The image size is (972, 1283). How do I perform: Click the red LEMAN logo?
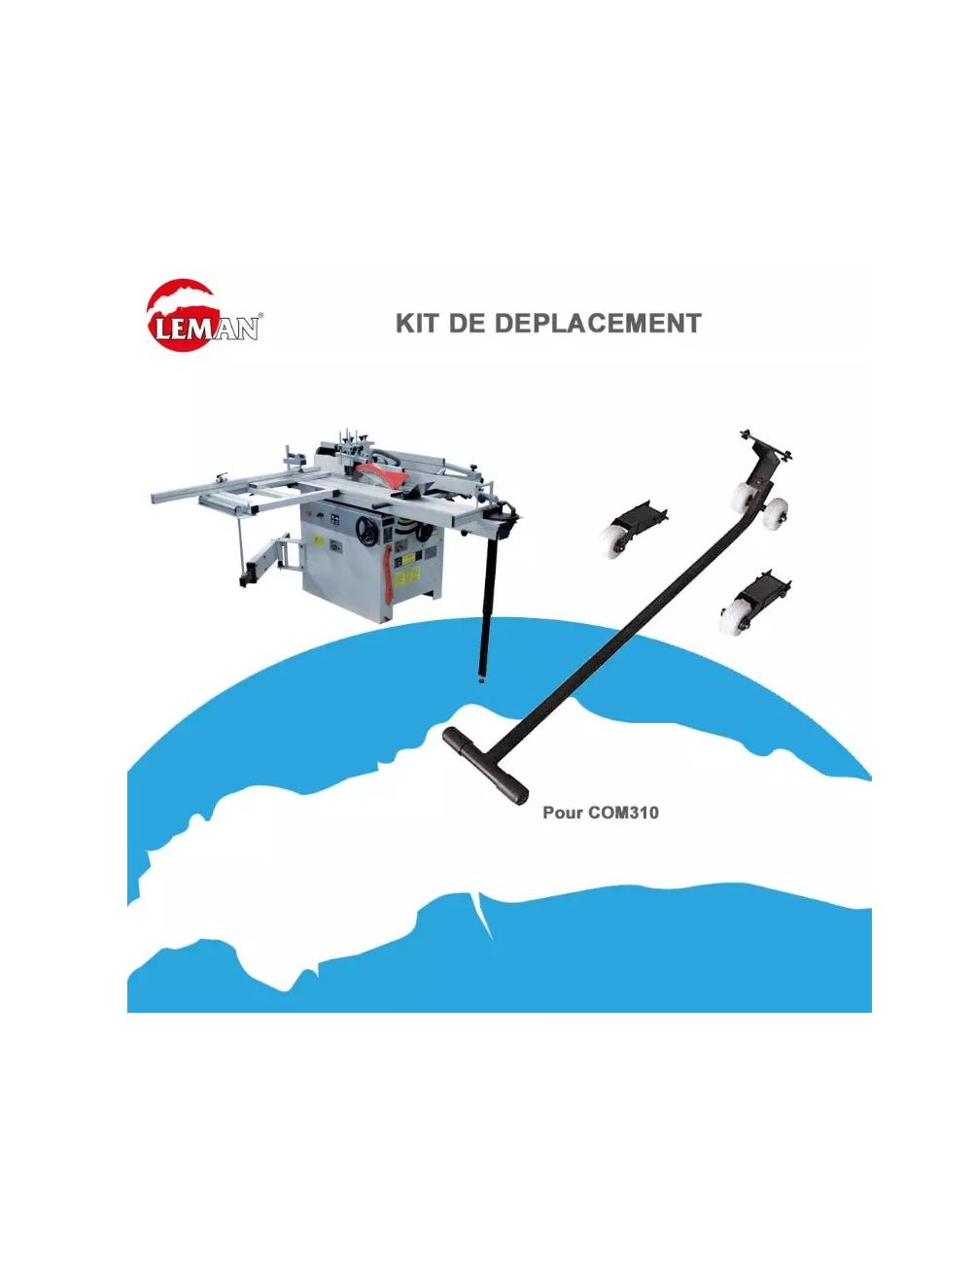tap(201, 314)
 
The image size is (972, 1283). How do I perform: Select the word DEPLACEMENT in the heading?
tap(598, 324)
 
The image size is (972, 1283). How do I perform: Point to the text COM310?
tap(623, 813)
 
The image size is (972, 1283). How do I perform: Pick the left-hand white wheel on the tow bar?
tap(743, 497)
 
